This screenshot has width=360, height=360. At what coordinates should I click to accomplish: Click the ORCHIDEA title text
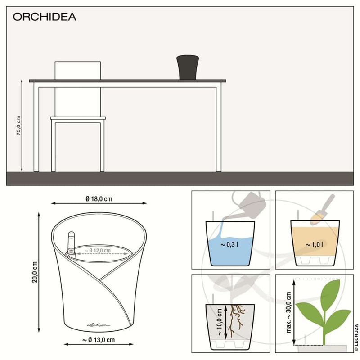(x=44, y=18)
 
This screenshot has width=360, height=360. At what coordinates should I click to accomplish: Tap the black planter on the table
(x=187, y=67)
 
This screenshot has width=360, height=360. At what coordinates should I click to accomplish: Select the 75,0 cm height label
(x=18, y=126)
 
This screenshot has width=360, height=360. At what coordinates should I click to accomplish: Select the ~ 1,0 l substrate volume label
(x=314, y=244)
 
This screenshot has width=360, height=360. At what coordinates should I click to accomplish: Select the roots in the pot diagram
(x=236, y=319)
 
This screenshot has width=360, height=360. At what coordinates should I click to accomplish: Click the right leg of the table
(x=219, y=128)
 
